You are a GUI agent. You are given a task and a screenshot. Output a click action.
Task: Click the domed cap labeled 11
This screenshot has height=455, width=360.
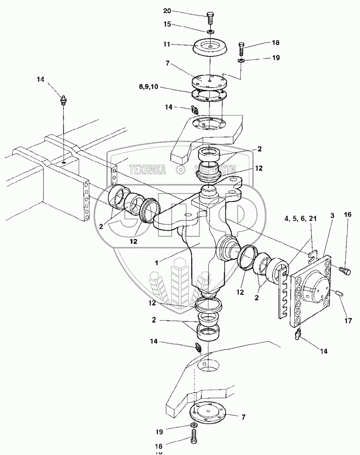coord(210,46)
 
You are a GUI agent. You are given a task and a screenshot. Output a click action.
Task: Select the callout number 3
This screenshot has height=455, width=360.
coord(333,216)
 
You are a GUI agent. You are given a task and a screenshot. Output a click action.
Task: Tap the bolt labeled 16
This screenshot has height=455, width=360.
coord(344,269)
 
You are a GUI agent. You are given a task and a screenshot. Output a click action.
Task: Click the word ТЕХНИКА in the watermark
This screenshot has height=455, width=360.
coord(147,170)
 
